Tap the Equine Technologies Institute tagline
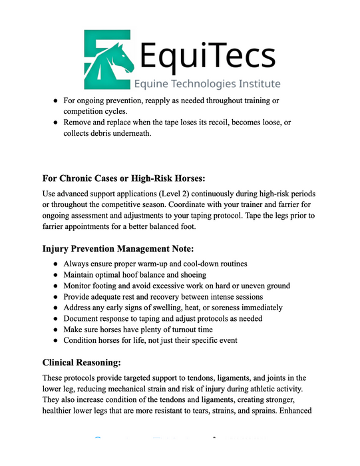coord(207,85)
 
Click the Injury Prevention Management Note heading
coord(118,249)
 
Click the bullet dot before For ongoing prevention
coord(55,101)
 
